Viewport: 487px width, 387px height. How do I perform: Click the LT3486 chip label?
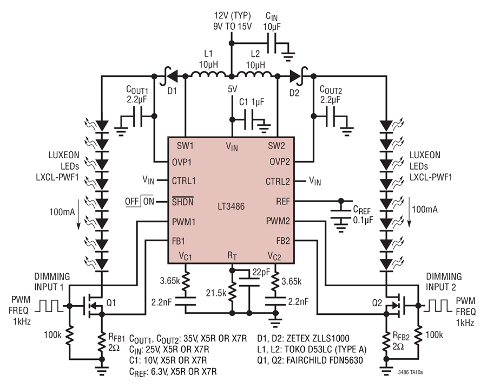(231, 207)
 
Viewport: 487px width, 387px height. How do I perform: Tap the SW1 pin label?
(185, 146)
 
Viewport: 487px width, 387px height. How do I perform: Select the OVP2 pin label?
(280, 162)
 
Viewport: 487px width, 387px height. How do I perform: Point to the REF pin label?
(282, 202)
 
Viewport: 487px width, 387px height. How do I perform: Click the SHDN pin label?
(183, 201)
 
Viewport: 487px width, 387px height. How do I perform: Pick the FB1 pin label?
(178, 241)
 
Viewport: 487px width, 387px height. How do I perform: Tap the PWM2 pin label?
(278, 221)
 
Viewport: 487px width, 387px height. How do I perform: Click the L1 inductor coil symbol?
(208, 75)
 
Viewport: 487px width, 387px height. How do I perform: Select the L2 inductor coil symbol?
(254, 75)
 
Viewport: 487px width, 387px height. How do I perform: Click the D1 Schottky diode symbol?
(169, 75)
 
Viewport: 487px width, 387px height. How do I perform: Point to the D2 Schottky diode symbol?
(297, 75)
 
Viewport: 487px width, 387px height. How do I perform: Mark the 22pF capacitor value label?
(261, 272)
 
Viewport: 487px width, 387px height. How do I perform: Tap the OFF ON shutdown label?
(140, 201)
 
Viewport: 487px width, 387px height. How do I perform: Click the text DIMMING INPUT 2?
(444, 282)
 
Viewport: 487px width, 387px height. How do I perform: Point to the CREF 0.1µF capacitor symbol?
(341, 215)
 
